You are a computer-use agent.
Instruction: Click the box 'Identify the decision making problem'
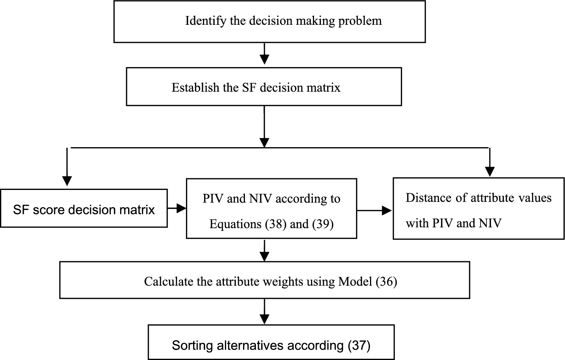point(269,21)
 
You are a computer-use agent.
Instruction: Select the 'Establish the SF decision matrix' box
point(264,87)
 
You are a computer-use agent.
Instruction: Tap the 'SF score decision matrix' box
point(83,209)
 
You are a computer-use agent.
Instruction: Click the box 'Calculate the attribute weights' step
point(264,280)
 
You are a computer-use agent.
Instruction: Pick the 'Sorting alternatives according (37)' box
point(271,342)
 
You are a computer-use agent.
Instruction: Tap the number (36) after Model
point(386,281)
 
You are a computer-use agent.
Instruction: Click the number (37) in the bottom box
point(359,345)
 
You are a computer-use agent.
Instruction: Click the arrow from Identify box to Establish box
point(265,54)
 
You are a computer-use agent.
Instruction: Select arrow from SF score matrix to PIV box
point(177,208)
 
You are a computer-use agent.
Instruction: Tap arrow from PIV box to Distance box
point(375,211)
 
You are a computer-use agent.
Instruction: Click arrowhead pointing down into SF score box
point(67,180)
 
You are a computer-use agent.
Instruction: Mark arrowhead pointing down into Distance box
point(489,171)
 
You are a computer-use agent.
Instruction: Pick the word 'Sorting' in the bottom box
point(193,345)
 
